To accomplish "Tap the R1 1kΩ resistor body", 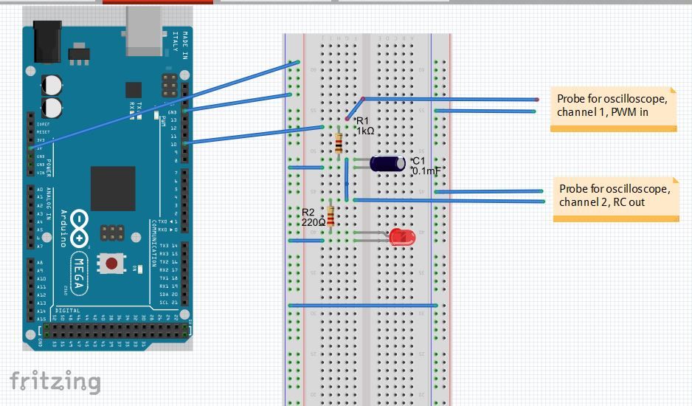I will (x=338, y=143).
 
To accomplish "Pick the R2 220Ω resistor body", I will (x=331, y=216).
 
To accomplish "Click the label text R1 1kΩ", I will (x=365, y=125).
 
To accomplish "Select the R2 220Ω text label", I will (x=313, y=216).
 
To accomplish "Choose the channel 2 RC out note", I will (x=615, y=195).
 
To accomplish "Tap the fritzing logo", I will (x=55, y=381).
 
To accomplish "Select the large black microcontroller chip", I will (x=113, y=188).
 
